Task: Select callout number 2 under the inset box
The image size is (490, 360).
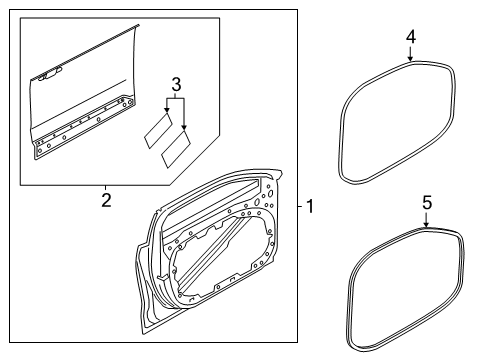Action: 105,201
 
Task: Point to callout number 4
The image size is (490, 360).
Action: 411,38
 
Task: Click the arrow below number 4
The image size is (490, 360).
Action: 411,56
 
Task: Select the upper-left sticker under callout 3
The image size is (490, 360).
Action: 157,129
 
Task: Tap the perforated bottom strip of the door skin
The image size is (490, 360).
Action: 90,129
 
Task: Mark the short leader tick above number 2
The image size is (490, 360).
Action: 105,188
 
